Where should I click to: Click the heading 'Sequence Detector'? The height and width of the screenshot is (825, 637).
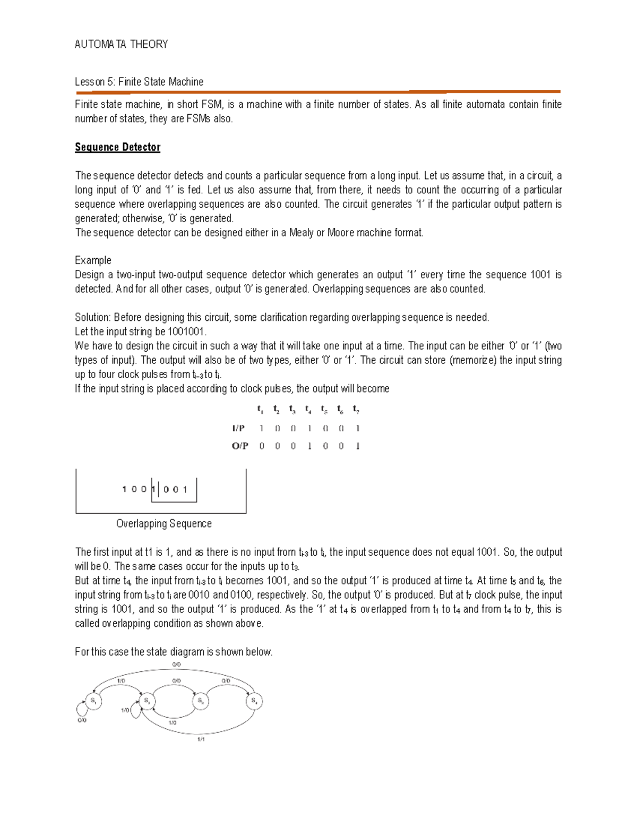click(x=117, y=147)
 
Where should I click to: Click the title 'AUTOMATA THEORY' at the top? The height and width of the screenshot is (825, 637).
click(x=121, y=45)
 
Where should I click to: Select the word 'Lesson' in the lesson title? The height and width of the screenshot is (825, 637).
click(x=90, y=82)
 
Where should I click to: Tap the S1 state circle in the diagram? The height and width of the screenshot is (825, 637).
click(x=93, y=701)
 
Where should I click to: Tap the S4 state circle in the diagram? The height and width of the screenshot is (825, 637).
click(x=254, y=701)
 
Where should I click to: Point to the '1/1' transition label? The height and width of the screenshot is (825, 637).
click(x=201, y=739)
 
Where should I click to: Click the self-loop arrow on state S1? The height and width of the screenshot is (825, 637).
click(x=81, y=709)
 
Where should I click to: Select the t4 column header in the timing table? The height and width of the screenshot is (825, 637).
click(x=308, y=409)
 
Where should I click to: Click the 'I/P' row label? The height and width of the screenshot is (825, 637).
click(x=238, y=428)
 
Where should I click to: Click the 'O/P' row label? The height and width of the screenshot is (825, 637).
click(x=240, y=446)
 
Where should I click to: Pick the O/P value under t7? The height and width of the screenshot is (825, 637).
click(x=358, y=446)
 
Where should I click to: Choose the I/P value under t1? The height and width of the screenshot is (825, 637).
click(x=261, y=428)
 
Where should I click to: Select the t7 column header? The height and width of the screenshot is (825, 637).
click(x=356, y=409)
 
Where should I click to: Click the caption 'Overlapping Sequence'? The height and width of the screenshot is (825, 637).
click(x=163, y=524)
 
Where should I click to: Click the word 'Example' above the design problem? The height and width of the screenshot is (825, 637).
click(x=93, y=260)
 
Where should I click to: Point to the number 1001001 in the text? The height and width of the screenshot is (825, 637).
click(x=186, y=332)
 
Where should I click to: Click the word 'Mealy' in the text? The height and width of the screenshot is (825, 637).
click(x=302, y=233)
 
